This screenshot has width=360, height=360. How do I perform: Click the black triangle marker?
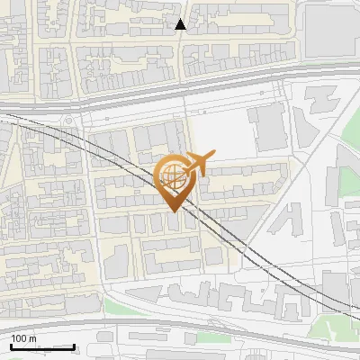[181, 24]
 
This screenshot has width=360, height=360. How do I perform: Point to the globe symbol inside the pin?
[171, 175]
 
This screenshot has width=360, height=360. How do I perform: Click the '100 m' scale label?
[23, 338]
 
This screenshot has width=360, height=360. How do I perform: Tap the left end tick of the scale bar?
[11, 346]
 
